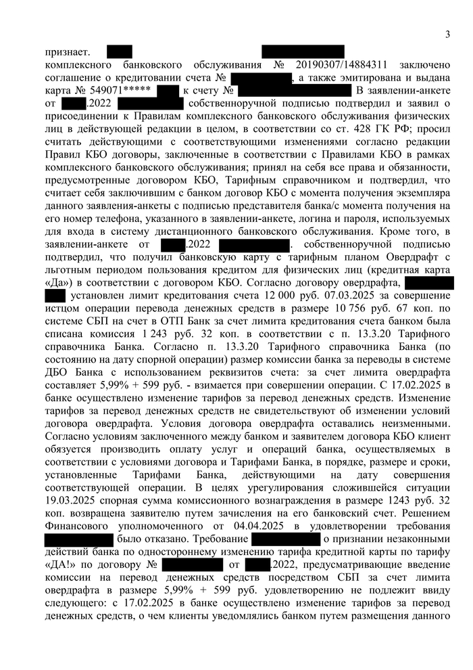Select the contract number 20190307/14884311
tap(342, 65)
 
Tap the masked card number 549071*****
tap(111, 91)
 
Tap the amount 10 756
tap(359, 309)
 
